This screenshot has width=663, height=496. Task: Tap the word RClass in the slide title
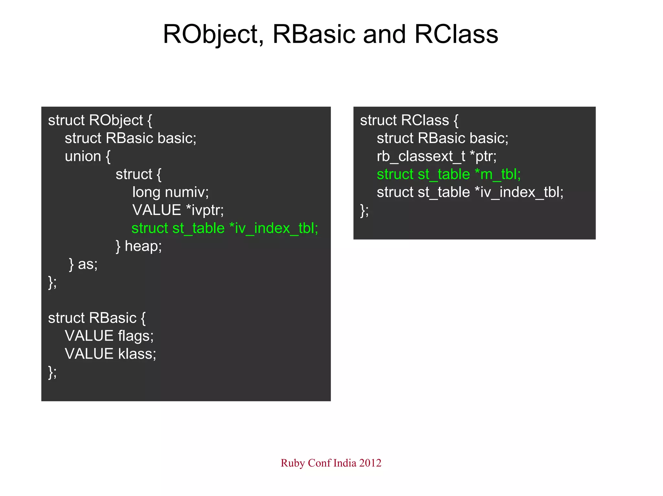point(456,34)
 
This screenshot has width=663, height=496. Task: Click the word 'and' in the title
point(384,34)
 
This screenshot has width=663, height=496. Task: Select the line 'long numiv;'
point(171,192)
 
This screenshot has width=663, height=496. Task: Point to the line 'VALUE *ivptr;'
point(178,210)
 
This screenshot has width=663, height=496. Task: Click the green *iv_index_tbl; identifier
point(274,228)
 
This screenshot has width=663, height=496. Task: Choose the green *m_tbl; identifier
point(498,174)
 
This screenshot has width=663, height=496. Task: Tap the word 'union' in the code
point(83,156)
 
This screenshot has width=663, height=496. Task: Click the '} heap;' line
point(139,246)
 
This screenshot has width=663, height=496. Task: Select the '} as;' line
point(83,264)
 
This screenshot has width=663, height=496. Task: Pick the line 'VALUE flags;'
point(109,336)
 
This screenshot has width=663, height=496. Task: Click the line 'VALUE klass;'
point(110,354)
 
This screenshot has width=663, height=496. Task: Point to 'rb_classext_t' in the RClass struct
point(421,156)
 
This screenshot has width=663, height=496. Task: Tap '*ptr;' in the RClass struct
point(483,156)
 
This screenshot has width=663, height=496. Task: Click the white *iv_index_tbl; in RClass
point(519,192)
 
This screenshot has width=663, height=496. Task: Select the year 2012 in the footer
point(370,463)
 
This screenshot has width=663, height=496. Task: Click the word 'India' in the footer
point(345,463)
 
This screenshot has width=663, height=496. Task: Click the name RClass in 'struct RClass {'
point(425,120)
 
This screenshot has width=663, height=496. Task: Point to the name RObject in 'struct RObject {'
point(116,121)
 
